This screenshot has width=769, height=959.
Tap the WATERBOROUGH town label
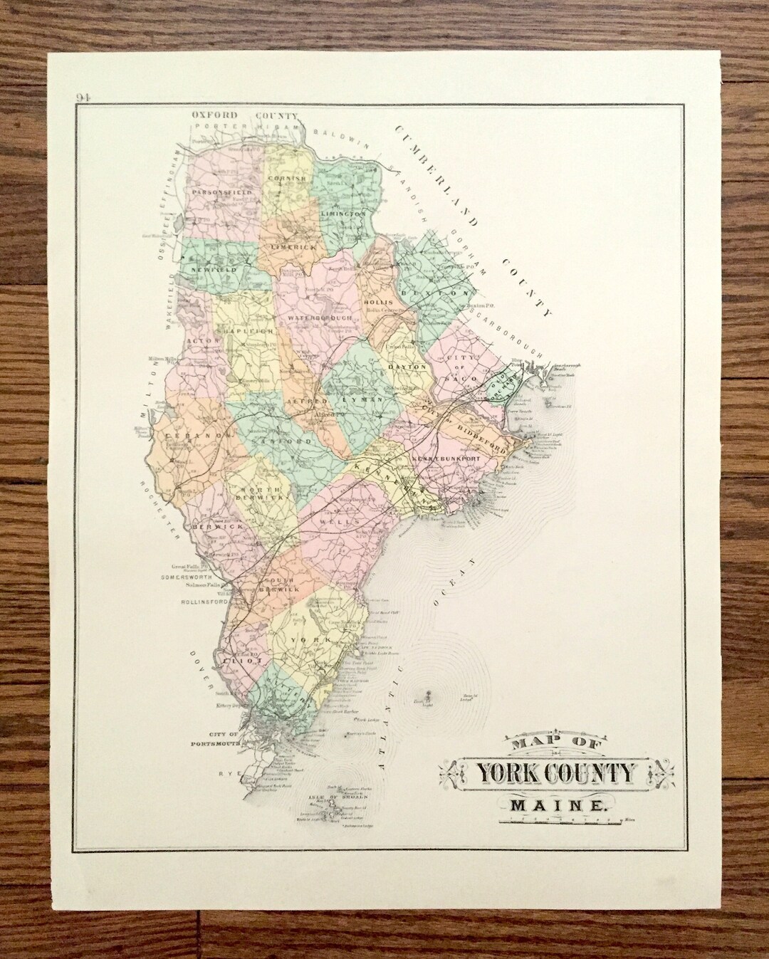click(320, 317)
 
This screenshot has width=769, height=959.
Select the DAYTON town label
click(407, 367)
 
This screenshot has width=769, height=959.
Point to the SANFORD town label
click(293, 441)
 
